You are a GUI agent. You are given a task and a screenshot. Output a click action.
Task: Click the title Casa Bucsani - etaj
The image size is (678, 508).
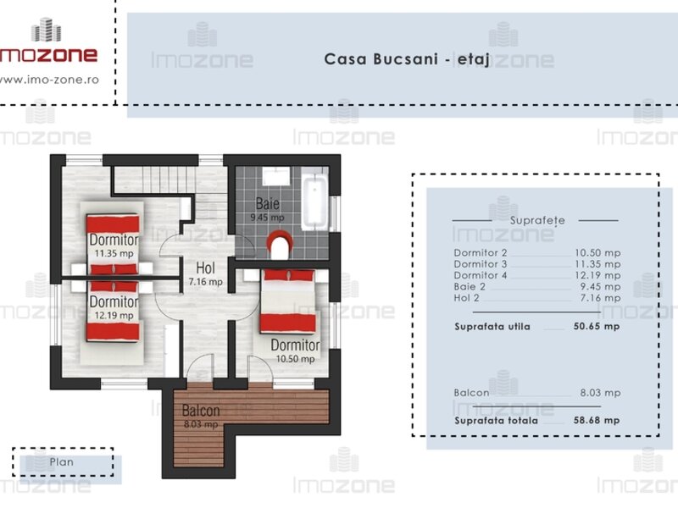pyautogui.click(x=407, y=59)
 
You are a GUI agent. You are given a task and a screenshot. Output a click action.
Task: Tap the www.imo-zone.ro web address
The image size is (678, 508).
pyautogui.click(x=49, y=80)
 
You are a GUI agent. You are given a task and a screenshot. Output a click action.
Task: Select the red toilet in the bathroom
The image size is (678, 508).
pyautogui.click(x=280, y=245)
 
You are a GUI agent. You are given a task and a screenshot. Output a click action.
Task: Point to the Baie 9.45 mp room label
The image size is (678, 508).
pyautogui.click(x=267, y=209)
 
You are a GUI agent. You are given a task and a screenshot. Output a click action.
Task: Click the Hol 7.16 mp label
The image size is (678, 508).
pyautogui.click(x=205, y=273)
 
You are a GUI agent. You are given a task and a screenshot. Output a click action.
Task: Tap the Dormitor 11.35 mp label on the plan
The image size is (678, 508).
pyautogui.click(x=114, y=246)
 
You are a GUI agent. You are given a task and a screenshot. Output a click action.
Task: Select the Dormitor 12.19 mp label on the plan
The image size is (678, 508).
pyautogui.click(x=114, y=307)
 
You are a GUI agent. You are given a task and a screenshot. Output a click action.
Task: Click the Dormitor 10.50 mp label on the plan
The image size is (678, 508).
pyautogui.click(x=295, y=351)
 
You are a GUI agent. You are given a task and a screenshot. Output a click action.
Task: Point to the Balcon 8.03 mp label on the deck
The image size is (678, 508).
pyautogui.click(x=201, y=416)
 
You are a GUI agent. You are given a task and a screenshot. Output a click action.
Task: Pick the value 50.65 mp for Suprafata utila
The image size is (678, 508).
pyautogui.click(x=597, y=326)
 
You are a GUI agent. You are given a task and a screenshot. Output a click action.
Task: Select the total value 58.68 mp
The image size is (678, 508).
pyautogui.click(x=597, y=420)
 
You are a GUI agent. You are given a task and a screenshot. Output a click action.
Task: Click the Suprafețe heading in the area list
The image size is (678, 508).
pyautogui.click(x=537, y=221)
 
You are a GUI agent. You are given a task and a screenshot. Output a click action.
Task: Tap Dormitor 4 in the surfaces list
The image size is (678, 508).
pyautogui.click(x=481, y=275)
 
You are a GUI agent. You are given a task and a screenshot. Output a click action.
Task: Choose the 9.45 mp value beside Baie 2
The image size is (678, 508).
pyautogui.click(x=600, y=286)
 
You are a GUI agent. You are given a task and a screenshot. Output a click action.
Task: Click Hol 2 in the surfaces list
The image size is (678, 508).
pyautogui.click(x=467, y=298)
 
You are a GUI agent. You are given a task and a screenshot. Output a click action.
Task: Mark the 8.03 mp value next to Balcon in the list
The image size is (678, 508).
pyautogui.click(x=600, y=393)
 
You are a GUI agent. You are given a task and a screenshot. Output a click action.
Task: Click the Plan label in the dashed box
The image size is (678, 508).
pyautogui.click(x=61, y=461)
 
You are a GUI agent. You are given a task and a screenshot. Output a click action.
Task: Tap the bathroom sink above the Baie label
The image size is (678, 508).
pyautogui.click(x=276, y=176)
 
